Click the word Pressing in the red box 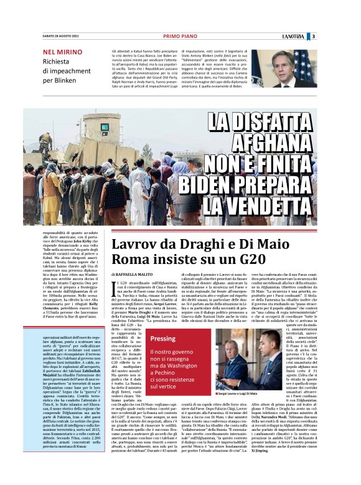[164, 339]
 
